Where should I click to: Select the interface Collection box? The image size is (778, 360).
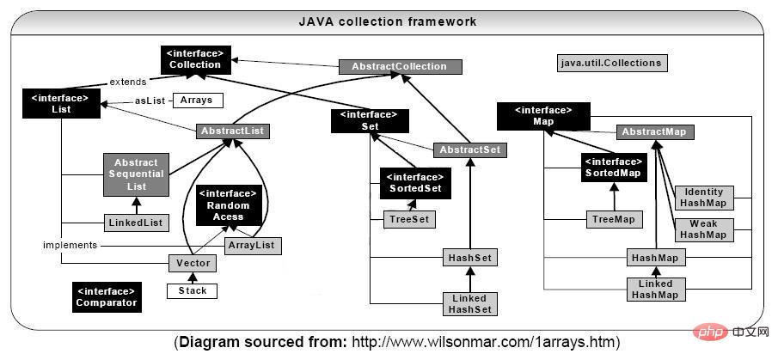[194, 58]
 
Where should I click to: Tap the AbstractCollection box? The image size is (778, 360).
[401, 66]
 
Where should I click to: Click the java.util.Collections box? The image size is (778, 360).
[611, 63]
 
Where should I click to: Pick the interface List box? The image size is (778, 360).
[56, 104]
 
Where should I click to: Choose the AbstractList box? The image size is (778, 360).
[232, 131]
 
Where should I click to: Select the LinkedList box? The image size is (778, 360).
[135, 223]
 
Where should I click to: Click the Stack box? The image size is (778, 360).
[193, 290]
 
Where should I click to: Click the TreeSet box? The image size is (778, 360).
[408, 220]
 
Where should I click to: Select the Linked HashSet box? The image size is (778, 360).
[469, 303]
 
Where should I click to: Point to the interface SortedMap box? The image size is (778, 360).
[612, 167]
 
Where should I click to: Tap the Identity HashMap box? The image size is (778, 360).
[703, 198]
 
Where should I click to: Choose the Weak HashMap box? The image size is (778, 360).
[703, 229]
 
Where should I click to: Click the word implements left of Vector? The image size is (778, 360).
[71, 245]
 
